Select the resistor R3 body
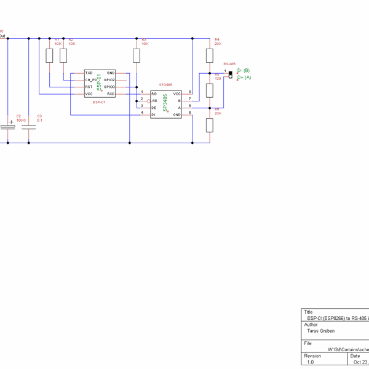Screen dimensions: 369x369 137,56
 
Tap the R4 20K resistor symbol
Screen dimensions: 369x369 210,56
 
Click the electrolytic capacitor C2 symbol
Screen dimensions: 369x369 8,127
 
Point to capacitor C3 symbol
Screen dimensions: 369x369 29,127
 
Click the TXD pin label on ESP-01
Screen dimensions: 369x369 89,73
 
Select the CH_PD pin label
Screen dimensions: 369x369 91,80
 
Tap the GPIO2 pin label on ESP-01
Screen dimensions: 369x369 109,80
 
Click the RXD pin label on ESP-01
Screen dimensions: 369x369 111,93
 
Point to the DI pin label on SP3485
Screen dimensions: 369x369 154,114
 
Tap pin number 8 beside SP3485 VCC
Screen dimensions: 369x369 189,92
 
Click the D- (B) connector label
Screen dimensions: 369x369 244,71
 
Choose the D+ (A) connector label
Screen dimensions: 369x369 244,77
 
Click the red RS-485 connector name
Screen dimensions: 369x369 229,64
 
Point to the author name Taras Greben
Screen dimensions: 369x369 320,331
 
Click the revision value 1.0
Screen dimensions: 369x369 311,362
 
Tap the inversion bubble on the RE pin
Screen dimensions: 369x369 149,100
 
